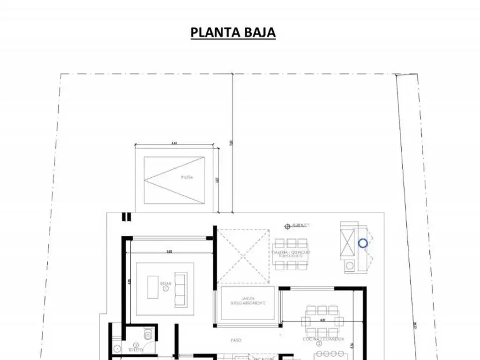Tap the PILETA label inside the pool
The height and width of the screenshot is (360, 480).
tap(187, 178)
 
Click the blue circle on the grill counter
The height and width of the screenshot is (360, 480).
tap(363, 243)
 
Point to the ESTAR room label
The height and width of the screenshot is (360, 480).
tap(166, 284)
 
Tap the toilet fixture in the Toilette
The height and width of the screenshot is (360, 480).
tap(148, 335)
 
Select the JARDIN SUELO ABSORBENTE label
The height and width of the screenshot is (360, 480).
tap(248, 300)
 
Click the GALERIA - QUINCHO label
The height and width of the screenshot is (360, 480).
tap(291, 253)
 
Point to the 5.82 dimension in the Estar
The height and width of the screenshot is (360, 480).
tap(169, 252)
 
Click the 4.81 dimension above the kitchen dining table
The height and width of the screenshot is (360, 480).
tap(322, 320)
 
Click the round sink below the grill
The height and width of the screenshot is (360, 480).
tap(349, 267)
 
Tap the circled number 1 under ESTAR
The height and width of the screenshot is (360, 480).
tap(166, 289)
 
